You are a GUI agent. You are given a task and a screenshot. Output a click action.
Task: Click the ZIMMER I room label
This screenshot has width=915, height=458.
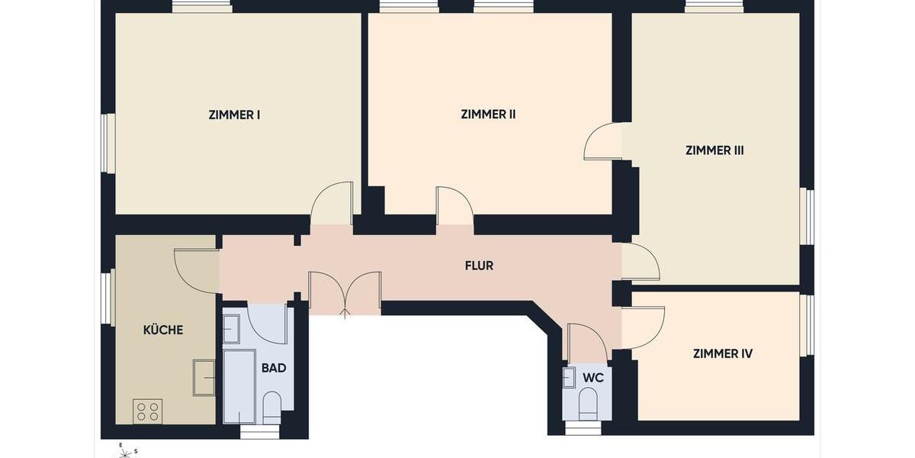(x=234, y=115)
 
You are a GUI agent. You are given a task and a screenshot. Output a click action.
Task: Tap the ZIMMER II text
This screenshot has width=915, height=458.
(x=488, y=114)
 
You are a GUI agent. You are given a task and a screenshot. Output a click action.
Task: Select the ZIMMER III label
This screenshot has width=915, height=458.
(x=714, y=150)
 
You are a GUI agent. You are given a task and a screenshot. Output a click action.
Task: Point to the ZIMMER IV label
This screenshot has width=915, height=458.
(x=722, y=353)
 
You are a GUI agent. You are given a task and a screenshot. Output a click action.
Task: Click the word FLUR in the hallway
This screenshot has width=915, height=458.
(x=479, y=266)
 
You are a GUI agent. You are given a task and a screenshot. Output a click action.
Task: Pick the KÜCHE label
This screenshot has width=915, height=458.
(x=162, y=330)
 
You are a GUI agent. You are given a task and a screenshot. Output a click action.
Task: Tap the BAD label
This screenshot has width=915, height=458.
(x=274, y=368)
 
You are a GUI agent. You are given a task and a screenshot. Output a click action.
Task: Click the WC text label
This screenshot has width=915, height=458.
(x=593, y=378)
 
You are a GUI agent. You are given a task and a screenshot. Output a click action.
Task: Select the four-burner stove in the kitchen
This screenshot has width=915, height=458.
(x=147, y=411)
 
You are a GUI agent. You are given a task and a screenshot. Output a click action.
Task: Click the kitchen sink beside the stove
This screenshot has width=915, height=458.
(x=204, y=377)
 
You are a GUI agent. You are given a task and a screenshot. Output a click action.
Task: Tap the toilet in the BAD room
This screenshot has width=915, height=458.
(x=272, y=407)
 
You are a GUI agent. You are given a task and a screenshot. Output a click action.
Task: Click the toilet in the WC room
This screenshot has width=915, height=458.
(x=588, y=403)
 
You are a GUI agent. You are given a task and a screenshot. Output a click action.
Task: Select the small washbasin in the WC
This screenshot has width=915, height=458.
(x=569, y=377)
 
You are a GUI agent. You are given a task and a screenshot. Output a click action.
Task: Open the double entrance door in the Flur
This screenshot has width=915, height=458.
(x=345, y=294)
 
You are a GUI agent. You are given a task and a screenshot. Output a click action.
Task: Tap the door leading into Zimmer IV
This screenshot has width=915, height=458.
(x=642, y=327)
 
